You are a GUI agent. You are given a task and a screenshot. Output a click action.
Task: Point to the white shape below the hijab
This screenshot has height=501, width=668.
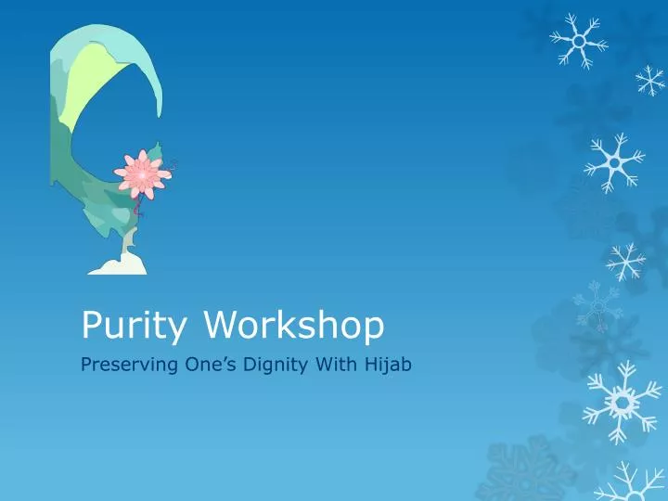[x=118, y=265]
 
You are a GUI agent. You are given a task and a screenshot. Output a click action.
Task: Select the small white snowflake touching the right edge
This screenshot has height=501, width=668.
[x=650, y=81]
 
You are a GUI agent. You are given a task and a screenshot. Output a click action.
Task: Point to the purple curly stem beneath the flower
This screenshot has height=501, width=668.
[x=139, y=212]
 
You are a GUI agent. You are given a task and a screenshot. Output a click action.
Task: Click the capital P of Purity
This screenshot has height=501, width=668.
[x=91, y=325]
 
